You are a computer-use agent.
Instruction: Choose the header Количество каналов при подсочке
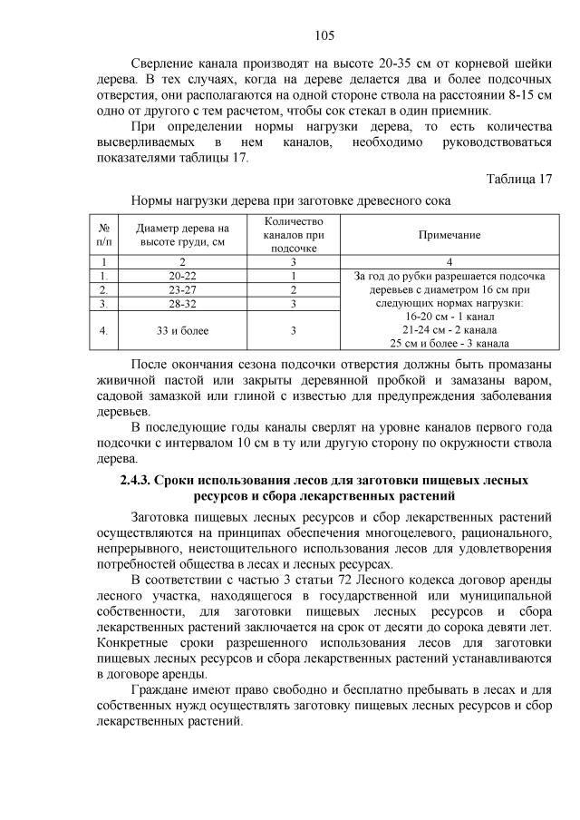click(294, 234)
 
